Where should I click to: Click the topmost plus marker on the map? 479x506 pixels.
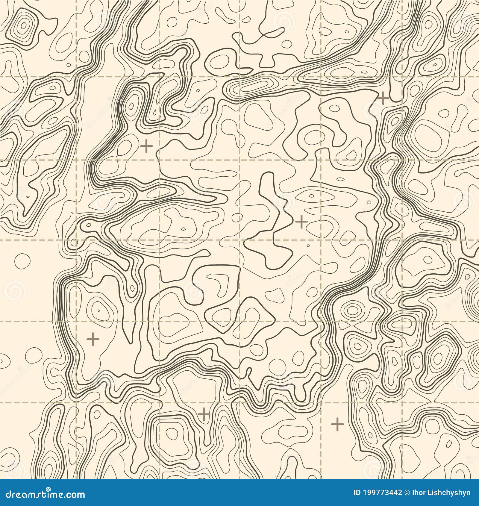point(383,98)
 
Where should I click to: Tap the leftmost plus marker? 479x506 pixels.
point(93,339)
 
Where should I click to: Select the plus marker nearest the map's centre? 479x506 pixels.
point(301,222)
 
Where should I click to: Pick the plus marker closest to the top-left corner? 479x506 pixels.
point(147,146)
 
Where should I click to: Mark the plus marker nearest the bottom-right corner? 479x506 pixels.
point(338,423)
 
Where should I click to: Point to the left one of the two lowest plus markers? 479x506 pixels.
point(204,415)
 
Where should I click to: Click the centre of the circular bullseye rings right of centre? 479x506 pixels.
point(352,310)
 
